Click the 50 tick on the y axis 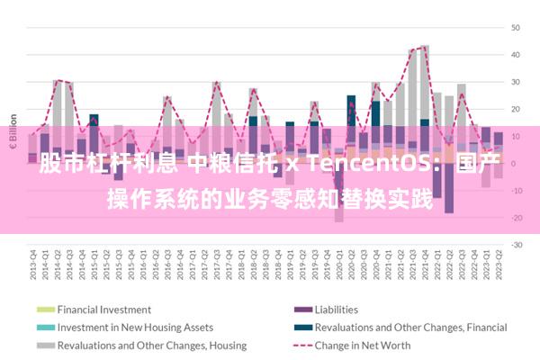pos(517,28)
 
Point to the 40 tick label pos(517,55)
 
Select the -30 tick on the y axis pos(516,245)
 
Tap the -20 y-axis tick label pos(516,218)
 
